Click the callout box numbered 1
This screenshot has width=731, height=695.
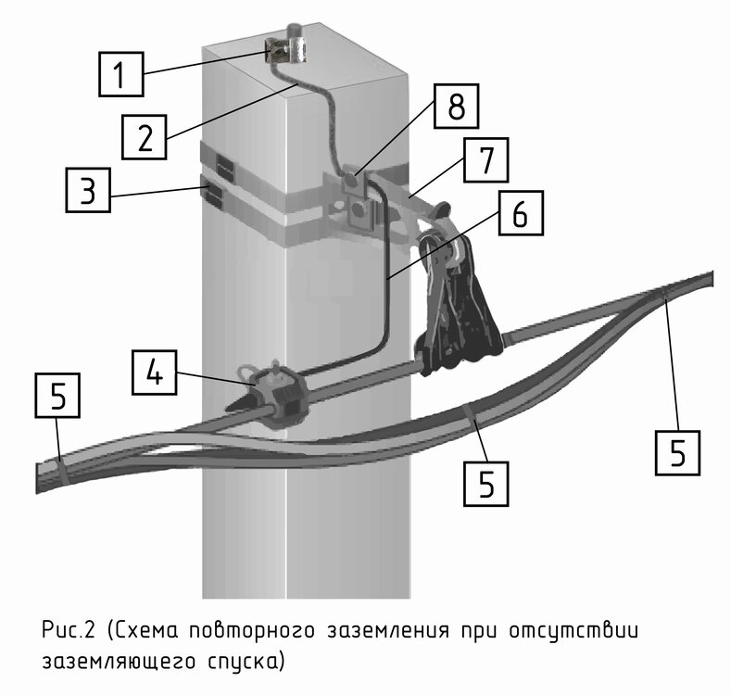[120, 73]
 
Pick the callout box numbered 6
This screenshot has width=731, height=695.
[517, 213]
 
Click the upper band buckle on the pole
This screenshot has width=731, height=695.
[225, 164]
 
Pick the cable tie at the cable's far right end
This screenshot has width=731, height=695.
[663, 295]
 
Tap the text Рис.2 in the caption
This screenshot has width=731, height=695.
[67, 631]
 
